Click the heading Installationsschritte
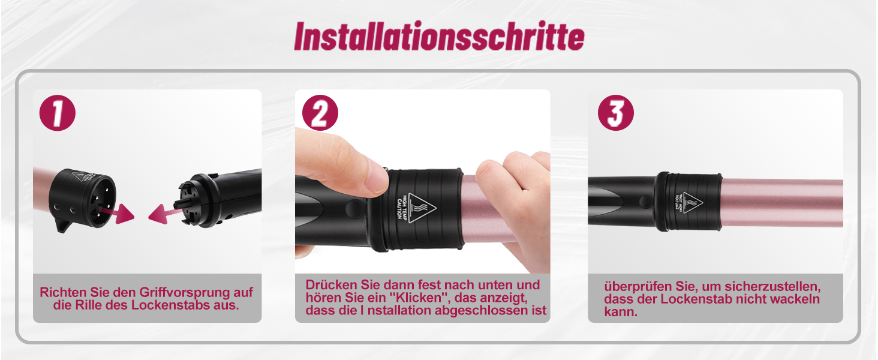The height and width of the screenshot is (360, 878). [x=439, y=36]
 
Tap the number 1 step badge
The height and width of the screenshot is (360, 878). [x=57, y=113]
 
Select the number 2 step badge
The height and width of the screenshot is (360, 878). [x=320, y=113]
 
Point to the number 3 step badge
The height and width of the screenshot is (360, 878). [x=615, y=113]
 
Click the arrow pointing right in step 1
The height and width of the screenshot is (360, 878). [x=119, y=213]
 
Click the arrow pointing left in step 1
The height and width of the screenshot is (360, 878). [x=164, y=214]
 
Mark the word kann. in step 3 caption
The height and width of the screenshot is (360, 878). [x=621, y=312]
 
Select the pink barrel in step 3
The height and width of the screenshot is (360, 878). [x=782, y=203]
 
